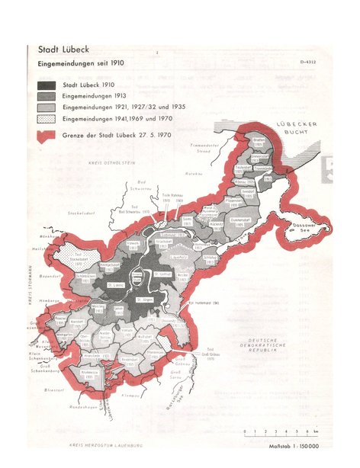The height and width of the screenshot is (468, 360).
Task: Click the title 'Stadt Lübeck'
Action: pos(57,50)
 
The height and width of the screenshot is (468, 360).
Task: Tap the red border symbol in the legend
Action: pos(45,136)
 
